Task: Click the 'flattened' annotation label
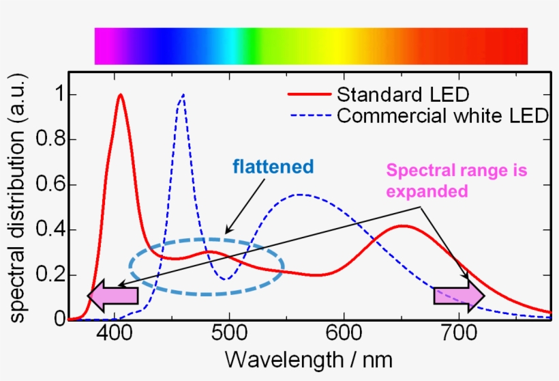273,167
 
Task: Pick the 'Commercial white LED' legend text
442,115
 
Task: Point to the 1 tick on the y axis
59,95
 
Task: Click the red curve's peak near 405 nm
121,95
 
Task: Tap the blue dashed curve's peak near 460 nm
182,96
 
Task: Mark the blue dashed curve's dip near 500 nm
226,279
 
